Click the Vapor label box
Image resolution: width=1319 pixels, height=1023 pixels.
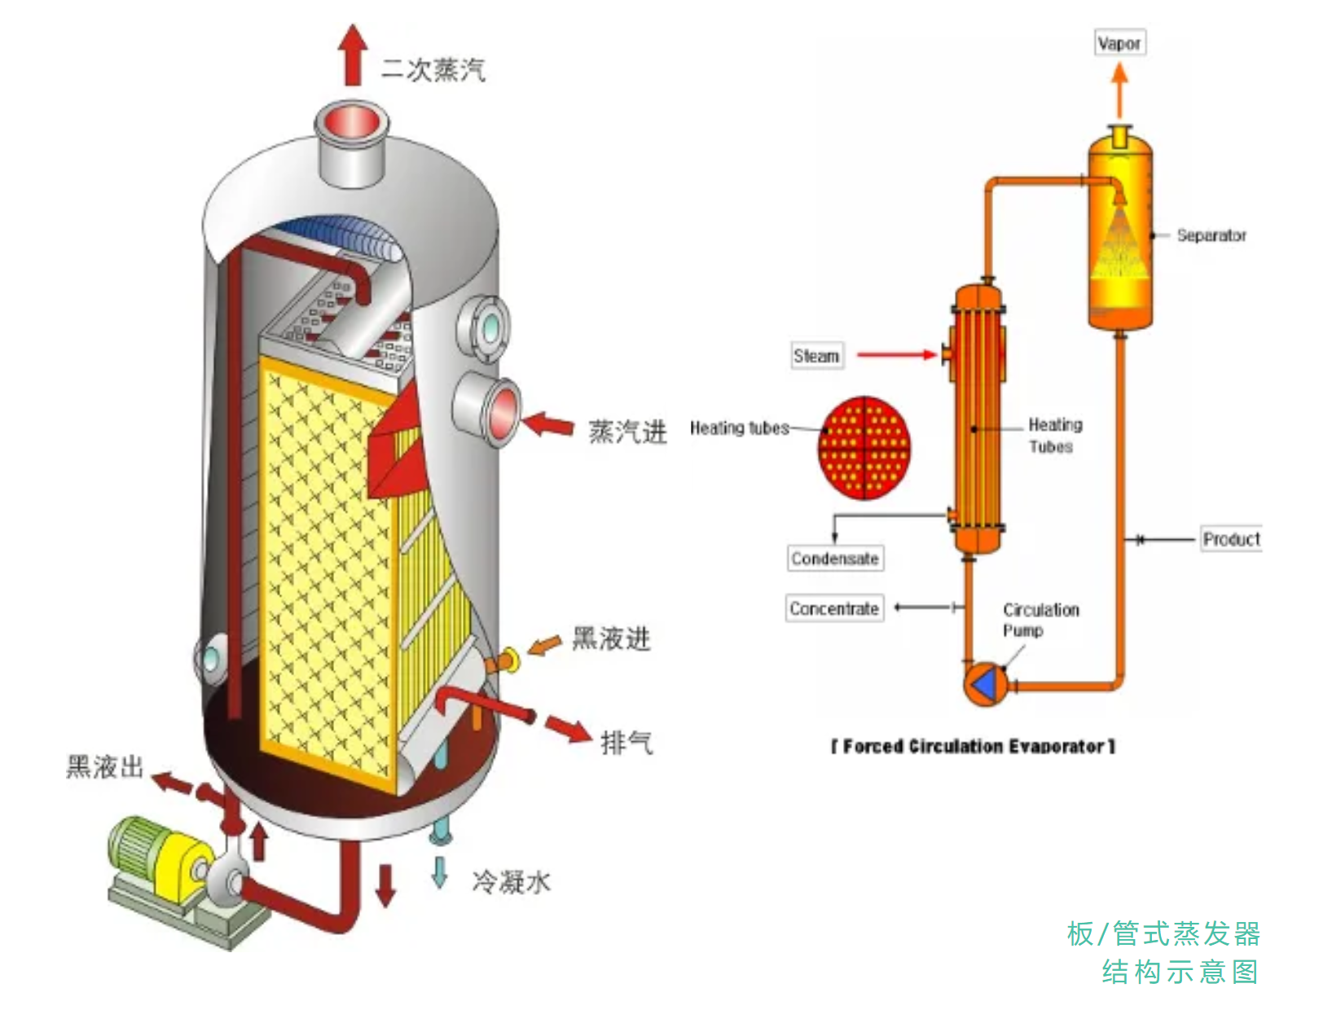coord(1119,43)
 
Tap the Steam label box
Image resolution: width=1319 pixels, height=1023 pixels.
coord(816,356)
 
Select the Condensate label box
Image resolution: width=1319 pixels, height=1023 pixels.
coord(835,559)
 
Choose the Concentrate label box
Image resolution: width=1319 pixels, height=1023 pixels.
coord(834,608)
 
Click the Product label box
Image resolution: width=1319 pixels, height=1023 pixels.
coord(1231,539)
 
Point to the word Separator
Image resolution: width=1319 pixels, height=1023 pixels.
coord(1211,235)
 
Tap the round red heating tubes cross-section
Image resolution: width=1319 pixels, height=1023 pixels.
coord(864,447)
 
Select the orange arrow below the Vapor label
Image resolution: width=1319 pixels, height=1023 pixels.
coord(1120,90)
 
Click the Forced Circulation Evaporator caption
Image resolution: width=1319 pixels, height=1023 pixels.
coord(973,746)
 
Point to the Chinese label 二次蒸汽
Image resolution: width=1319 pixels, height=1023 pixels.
coord(433,70)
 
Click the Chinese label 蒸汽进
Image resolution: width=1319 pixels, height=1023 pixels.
coord(627,432)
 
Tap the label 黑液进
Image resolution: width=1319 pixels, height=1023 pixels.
coord(611,639)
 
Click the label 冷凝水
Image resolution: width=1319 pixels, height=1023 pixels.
coord(512,881)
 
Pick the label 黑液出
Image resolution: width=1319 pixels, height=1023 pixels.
coord(105,767)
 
